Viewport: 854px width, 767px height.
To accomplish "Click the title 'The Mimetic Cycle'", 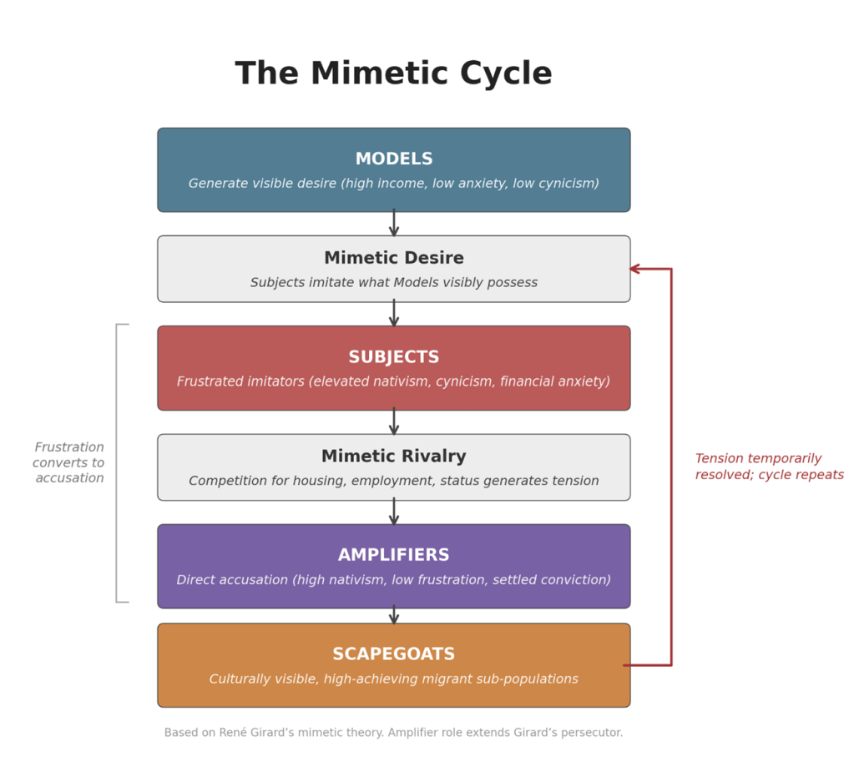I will pyautogui.click(x=393, y=73).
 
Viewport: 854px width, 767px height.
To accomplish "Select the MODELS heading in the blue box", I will pyautogui.click(x=394, y=159).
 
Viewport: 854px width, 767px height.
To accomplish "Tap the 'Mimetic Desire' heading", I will pyautogui.click(x=394, y=258).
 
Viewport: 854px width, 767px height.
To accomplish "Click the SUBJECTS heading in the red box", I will pyautogui.click(x=394, y=357).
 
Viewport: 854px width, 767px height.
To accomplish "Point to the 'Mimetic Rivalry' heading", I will pyautogui.click(x=394, y=457).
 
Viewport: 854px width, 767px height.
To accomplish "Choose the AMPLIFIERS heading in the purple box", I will pyautogui.click(x=394, y=555).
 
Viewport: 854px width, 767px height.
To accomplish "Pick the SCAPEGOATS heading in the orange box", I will pyautogui.click(x=394, y=654).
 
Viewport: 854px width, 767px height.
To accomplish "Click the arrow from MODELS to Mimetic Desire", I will pyautogui.click(x=394, y=223).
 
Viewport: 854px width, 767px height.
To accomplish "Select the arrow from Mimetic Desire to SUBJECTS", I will pyautogui.click(x=394, y=314).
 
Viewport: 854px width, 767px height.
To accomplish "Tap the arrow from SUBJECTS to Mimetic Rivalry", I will pyautogui.click(x=394, y=421).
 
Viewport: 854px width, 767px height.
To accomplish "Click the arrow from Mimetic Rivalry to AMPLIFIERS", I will pyautogui.click(x=394, y=512).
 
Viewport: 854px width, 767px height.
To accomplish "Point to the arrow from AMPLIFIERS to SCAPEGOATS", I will pyautogui.click(x=394, y=615).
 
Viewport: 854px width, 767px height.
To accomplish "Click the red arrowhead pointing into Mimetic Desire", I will pyautogui.click(x=635, y=269).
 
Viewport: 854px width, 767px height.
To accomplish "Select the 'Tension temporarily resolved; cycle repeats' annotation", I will pyautogui.click(x=769, y=467).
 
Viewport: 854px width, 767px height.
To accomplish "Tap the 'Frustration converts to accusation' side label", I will pyautogui.click(x=69, y=462).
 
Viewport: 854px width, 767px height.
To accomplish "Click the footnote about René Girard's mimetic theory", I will pyautogui.click(x=393, y=733).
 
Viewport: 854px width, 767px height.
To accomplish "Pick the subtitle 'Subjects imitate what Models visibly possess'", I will pyautogui.click(x=394, y=283).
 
